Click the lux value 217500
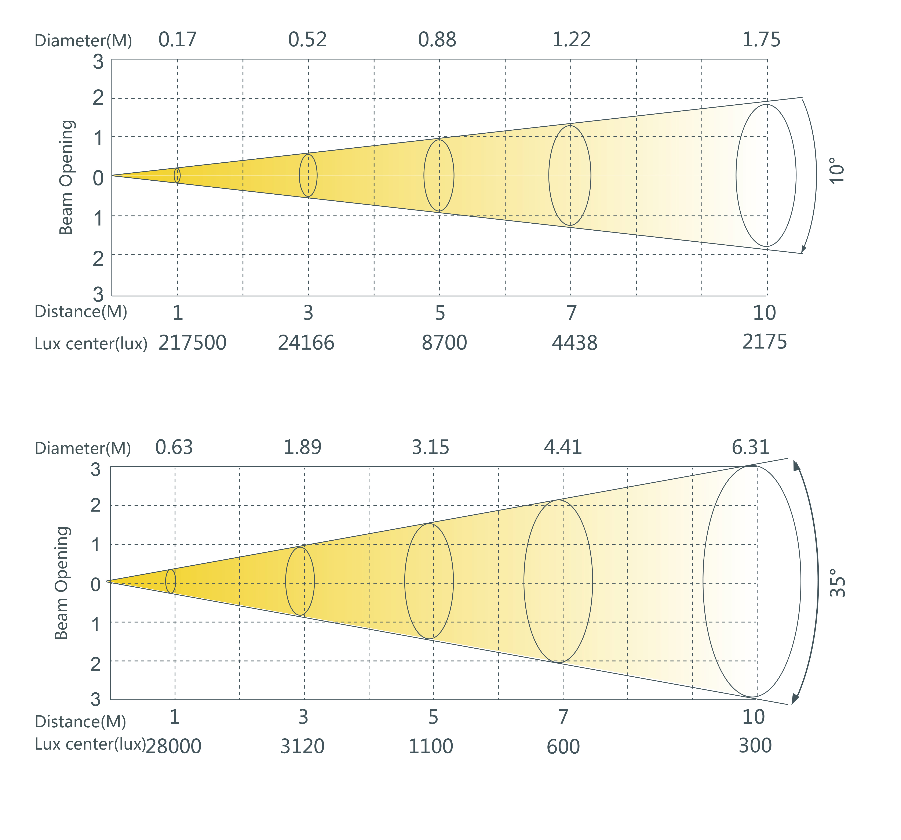(x=192, y=343)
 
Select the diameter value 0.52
(x=307, y=40)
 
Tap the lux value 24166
(x=306, y=343)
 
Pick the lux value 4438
(x=574, y=343)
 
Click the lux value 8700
(x=444, y=343)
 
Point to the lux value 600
(x=563, y=747)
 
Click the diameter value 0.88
(x=437, y=40)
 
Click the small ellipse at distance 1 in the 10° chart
(x=177, y=176)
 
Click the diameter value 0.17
(x=177, y=40)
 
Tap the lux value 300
(x=755, y=746)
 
